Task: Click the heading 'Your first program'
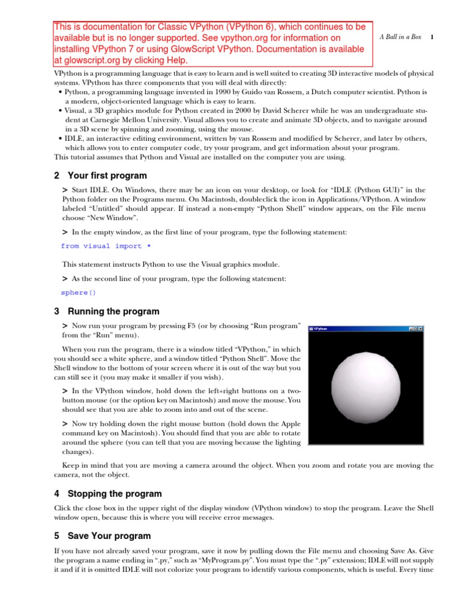pyautogui.click(x=107, y=176)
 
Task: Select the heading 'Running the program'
pyautogui.click(x=113, y=311)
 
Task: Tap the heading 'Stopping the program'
pyautogui.click(x=115, y=493)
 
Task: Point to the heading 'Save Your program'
pyautogui.click(x=109, y=535)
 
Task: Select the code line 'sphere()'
pyautogui.click(x=78, y=293)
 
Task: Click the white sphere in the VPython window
pyautogui.click(x=366, y=387)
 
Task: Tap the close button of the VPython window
pyautogui.click(x=420, y=329)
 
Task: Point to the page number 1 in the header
pyautogui.click(x=432, y=37)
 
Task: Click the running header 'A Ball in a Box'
pyautogui.click(x=400, y=37)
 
